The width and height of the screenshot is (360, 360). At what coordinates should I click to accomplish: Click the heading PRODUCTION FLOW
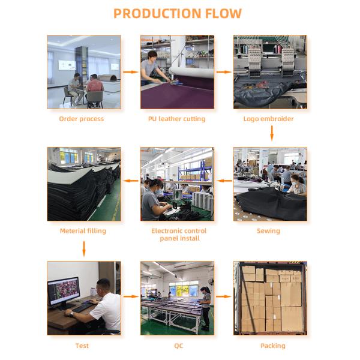tap(178, 13)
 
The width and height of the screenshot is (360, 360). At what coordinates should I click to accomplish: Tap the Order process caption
tap(81, 119)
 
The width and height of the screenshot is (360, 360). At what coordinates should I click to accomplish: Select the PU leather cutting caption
tap(176, 119)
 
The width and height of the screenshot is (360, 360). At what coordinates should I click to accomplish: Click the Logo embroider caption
tap(268, 119)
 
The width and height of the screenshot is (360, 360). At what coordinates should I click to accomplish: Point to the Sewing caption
tap(268, 231)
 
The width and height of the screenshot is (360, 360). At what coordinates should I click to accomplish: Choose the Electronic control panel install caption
tap(179, 235)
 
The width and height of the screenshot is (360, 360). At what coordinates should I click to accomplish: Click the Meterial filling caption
tap(83, 231)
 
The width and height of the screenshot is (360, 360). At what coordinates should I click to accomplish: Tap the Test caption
tap(82, 346)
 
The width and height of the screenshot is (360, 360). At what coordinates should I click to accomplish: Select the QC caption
tap(178, 346)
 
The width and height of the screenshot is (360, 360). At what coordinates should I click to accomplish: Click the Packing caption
tap(272, 346)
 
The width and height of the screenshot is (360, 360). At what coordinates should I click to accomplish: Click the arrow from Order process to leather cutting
tap(130, 72)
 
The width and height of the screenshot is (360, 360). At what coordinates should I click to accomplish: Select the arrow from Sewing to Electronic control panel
tap(224, 180)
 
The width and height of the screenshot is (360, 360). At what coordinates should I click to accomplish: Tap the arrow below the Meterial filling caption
tap(84, 247)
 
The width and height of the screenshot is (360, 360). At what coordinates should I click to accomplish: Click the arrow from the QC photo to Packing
tap(223, 296)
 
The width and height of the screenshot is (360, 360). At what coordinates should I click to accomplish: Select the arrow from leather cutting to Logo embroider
tap(223, 72)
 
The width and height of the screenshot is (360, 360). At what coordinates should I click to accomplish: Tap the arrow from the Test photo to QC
tap(130, 296)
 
